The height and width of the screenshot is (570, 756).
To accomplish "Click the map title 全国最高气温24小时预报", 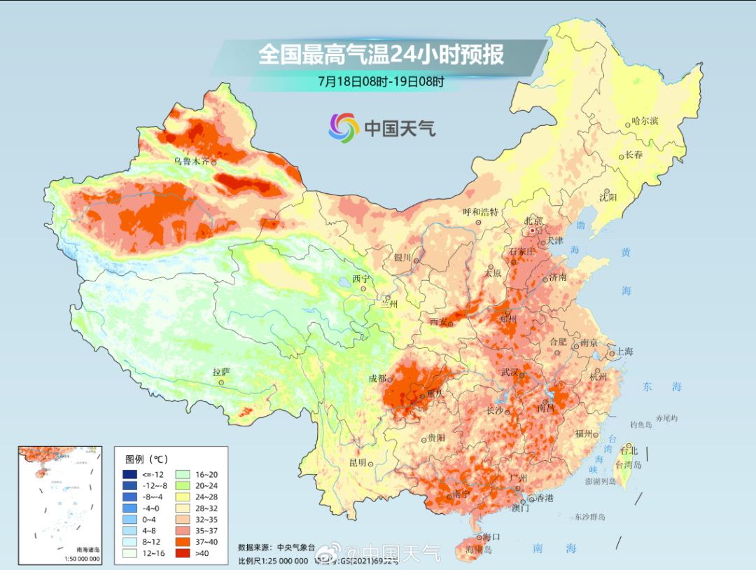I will pyautogui.click(x=381, y=55).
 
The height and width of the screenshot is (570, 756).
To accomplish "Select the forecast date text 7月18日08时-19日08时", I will pyautogui.click(x=381, y=81).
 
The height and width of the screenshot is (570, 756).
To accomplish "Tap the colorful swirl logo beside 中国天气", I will pyautogui.click(x=344, y=127).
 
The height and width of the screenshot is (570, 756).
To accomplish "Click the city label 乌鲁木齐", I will pyautogui.click(x=191, y=162).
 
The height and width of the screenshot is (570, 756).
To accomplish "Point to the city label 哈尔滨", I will pyautogui.click(x=645, y=120).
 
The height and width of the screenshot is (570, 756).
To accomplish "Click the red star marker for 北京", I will pyautogui.click(x=533, y=230).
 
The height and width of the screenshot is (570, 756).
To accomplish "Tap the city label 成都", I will pyautogui.click(x=377, y=379).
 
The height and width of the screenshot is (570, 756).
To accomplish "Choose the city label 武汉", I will pyautogui.click(x=510, y=372).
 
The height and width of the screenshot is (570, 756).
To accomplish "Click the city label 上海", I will pyautogui.click(x=623, y=352).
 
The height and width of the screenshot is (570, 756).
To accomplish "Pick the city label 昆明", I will pyautogui.click(x=358, y=463).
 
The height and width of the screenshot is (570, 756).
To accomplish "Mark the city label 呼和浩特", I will pyautogui.click(x=480, y=211).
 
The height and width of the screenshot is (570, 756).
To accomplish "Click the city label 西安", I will pyautogui.click(x=438, y=321).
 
